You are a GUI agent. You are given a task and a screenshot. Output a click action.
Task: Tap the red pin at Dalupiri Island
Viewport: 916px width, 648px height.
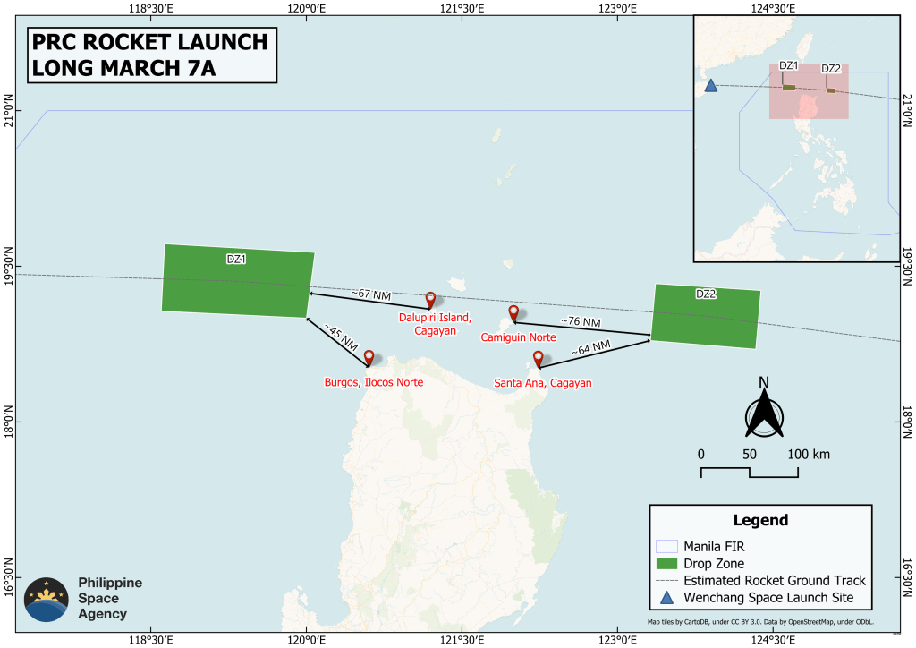coord(430,300)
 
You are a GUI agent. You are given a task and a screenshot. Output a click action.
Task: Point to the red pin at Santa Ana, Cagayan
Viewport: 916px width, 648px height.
coord(538,359)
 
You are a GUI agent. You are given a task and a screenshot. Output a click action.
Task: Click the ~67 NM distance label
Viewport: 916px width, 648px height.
coord(370,293)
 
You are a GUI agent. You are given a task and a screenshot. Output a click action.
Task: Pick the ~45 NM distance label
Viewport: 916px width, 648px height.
coord(342,338)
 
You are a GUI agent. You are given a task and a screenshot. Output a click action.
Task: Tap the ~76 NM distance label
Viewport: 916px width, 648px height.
coord(581,321)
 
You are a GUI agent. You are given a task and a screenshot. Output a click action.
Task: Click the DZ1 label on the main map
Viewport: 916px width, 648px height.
coord(236,259)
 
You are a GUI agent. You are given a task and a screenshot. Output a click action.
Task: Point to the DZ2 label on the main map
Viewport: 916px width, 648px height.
coord(706,294)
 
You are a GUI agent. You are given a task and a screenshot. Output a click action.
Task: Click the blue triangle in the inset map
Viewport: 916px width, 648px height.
coord(711,86)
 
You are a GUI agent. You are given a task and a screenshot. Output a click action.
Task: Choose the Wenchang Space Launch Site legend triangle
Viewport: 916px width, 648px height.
coord(666,597)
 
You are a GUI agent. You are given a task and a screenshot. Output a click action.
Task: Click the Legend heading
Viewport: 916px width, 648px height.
coord(760,520)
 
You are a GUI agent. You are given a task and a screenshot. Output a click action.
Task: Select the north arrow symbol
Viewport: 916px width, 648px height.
coord(764,410)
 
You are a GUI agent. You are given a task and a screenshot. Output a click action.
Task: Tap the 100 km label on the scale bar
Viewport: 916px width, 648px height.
coord(810,454)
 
